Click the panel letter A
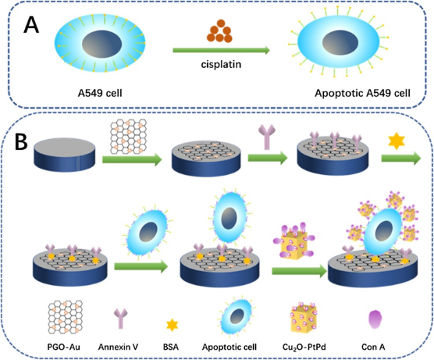[31, 25]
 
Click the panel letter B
[21, 142]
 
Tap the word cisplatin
[221, 64]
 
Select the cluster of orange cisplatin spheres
[219, 31]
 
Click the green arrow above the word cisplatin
[221, 50]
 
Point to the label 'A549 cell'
[100, 93]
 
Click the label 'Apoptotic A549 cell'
[362, 93]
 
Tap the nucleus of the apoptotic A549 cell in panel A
[340, 43]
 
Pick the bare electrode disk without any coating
[65, 156]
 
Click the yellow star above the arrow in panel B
[397, 141]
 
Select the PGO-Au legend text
[64, 347]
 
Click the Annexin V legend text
[118, 347]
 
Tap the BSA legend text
[171, 347]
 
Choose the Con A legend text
[373, 347]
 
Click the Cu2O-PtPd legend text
[304, 348]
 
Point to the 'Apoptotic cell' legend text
[229, 347]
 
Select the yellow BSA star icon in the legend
[172, 325]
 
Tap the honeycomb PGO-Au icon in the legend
[66, 317]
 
